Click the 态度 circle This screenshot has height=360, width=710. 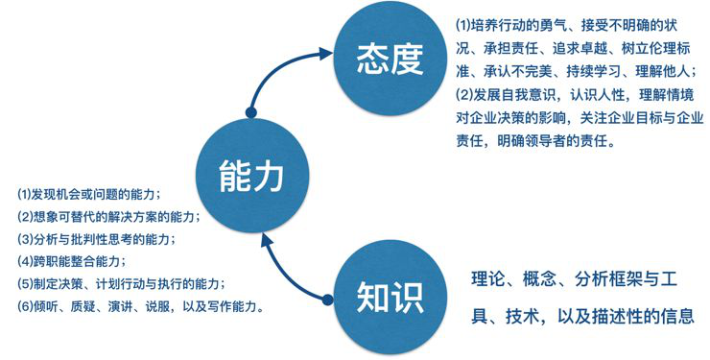tap(390, 60)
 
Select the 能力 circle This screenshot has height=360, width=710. tap(251, 176)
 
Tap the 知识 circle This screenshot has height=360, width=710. tap(390, 298)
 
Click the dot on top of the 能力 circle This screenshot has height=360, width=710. tap(250, 112)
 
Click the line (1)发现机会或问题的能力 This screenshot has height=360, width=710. tap(88, 195)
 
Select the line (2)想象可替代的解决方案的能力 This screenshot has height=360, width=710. tap(108, 216)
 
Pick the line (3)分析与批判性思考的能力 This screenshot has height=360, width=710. tap(97, 239)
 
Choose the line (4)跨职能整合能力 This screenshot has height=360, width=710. tap(72, 261)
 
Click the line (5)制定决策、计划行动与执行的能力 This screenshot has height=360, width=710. tap(121, 284)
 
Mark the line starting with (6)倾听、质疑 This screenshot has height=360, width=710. tap(141, 306)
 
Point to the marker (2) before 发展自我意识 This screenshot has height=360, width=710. tap(464, 95)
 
